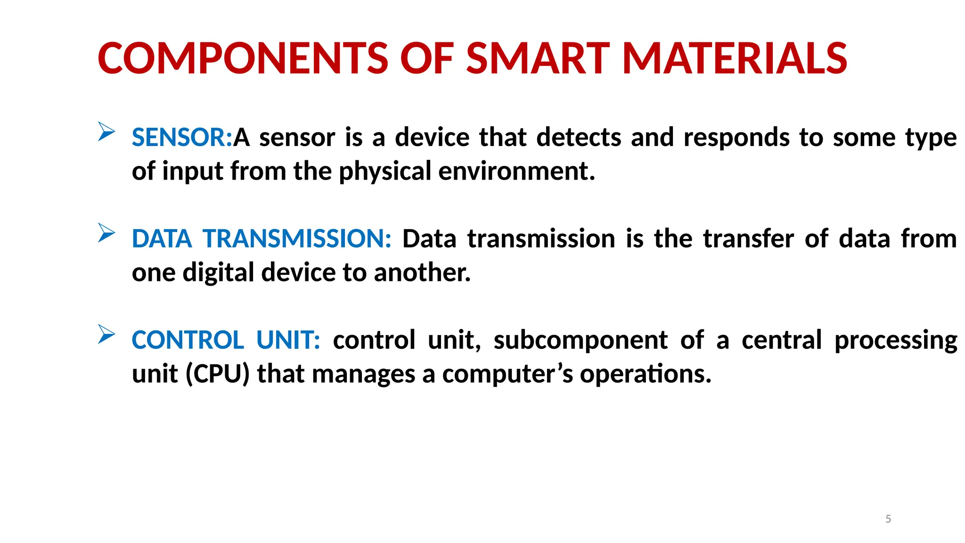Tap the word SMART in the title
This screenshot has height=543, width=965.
pos(538,58)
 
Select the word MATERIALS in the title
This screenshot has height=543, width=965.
pos(735,58)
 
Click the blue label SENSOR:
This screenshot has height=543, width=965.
pos(182,138)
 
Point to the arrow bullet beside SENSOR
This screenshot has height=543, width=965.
pos(106,132)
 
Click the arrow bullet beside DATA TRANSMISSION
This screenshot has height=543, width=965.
pos(106,233)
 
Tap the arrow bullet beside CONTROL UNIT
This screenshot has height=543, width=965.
pos(106,334)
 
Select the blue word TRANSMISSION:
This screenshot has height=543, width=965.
pos(297,239)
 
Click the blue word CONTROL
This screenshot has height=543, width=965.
pos(188,340)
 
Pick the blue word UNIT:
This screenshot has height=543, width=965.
pos(288,340)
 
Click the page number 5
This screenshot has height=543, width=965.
pos(888,519)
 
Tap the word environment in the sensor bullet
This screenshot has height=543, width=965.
pos(516,171)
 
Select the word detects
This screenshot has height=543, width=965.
pos(579,138)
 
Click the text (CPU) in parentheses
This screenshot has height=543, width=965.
pos(217,374)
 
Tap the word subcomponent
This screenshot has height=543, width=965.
pos(581,340)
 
